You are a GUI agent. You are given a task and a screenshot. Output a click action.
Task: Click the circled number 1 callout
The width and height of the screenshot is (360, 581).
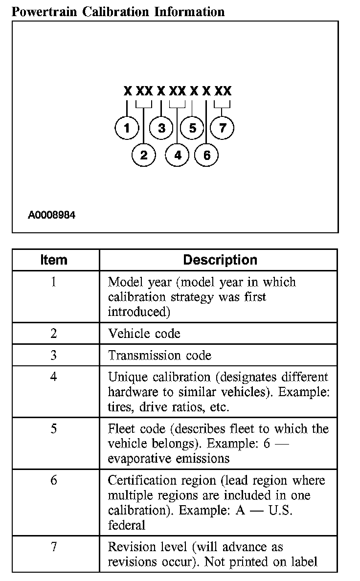127,128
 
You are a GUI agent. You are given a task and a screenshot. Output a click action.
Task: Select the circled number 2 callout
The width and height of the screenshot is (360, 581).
144,155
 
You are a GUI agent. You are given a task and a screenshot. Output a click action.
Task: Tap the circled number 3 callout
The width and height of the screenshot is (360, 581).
161,128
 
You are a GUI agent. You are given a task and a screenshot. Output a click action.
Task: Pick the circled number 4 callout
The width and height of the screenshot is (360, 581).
177,155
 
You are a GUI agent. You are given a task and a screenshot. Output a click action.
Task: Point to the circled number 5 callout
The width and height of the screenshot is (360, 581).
192,128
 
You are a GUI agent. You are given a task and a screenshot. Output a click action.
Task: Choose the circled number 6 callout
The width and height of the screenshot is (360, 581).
206,155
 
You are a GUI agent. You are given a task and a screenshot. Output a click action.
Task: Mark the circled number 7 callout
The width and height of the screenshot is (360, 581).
223,128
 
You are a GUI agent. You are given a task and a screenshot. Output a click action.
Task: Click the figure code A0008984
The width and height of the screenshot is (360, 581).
52,215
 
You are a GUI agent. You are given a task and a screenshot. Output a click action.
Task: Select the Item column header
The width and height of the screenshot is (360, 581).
54,260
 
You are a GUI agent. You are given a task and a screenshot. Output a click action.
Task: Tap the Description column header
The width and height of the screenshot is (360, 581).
220,260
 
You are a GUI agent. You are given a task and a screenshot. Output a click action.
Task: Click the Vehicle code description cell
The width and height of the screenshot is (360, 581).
144,334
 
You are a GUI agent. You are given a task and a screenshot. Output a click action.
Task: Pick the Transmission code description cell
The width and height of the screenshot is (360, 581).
159,355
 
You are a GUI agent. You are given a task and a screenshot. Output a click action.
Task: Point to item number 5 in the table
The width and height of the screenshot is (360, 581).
54,429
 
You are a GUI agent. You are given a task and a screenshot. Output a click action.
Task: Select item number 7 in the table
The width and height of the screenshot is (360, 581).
54,546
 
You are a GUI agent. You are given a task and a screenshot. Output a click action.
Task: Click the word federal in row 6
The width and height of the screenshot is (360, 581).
126,525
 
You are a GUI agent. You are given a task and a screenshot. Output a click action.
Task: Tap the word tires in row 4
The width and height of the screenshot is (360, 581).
119,407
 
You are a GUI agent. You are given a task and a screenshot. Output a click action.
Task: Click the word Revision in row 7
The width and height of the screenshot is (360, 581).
130,547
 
